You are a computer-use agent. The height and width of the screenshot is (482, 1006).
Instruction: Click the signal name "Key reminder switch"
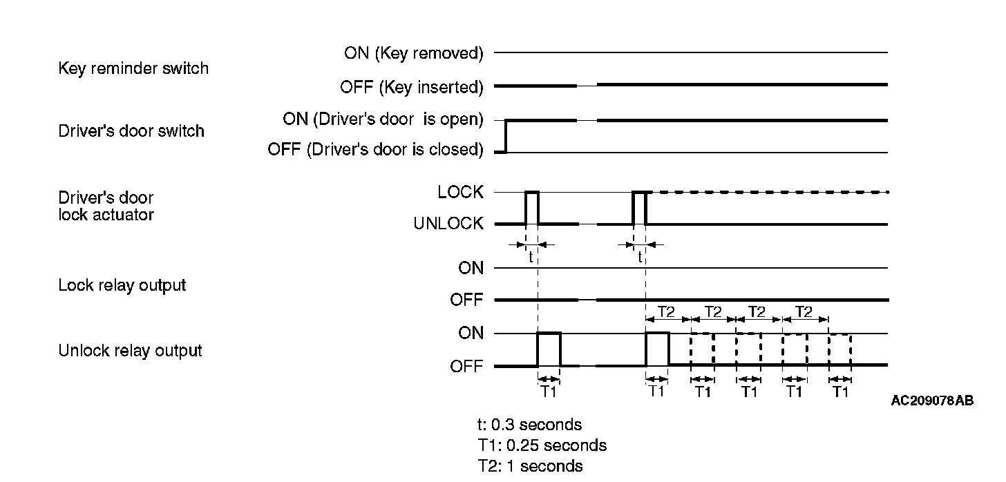(x=133, y=69)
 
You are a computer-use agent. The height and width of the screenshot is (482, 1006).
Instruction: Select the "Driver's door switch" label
(x=131, y=131)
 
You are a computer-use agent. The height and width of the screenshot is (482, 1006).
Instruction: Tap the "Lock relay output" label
(x=122, y=285)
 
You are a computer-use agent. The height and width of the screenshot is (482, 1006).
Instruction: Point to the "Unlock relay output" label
(x=130, y=351)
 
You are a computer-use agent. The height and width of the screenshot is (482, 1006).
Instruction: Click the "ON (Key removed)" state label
(x=413, y=53)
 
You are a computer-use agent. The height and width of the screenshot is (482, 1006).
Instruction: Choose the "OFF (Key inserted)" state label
(x=411, y=88)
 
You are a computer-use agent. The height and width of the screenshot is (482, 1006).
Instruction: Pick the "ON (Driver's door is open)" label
(x=383, y=119)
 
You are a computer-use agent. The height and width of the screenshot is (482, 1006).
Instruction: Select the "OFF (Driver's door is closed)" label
(x=375, y=149)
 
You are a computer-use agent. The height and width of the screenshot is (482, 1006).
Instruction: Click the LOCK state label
(x=460, y=193)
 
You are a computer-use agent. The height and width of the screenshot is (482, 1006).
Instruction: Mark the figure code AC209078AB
(x=932, y=401)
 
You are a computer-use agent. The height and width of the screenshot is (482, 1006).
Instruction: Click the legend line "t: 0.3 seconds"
(x=524, y=424)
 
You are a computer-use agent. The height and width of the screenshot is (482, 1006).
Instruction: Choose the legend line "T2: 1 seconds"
(x=524, y=466)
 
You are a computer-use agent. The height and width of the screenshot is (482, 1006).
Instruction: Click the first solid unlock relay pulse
(x=549, y=349)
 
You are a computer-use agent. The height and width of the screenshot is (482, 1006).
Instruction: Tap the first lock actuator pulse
(x=532, y=207)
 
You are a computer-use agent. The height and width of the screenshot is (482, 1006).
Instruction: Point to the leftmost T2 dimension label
(x=666, y=312)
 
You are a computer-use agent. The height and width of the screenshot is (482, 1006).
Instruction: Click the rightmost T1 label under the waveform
(x=840, y=392)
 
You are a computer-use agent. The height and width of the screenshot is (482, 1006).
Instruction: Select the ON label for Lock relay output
(x=471, y=268)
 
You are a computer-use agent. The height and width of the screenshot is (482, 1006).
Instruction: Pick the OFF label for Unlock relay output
(x=467, y=366)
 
